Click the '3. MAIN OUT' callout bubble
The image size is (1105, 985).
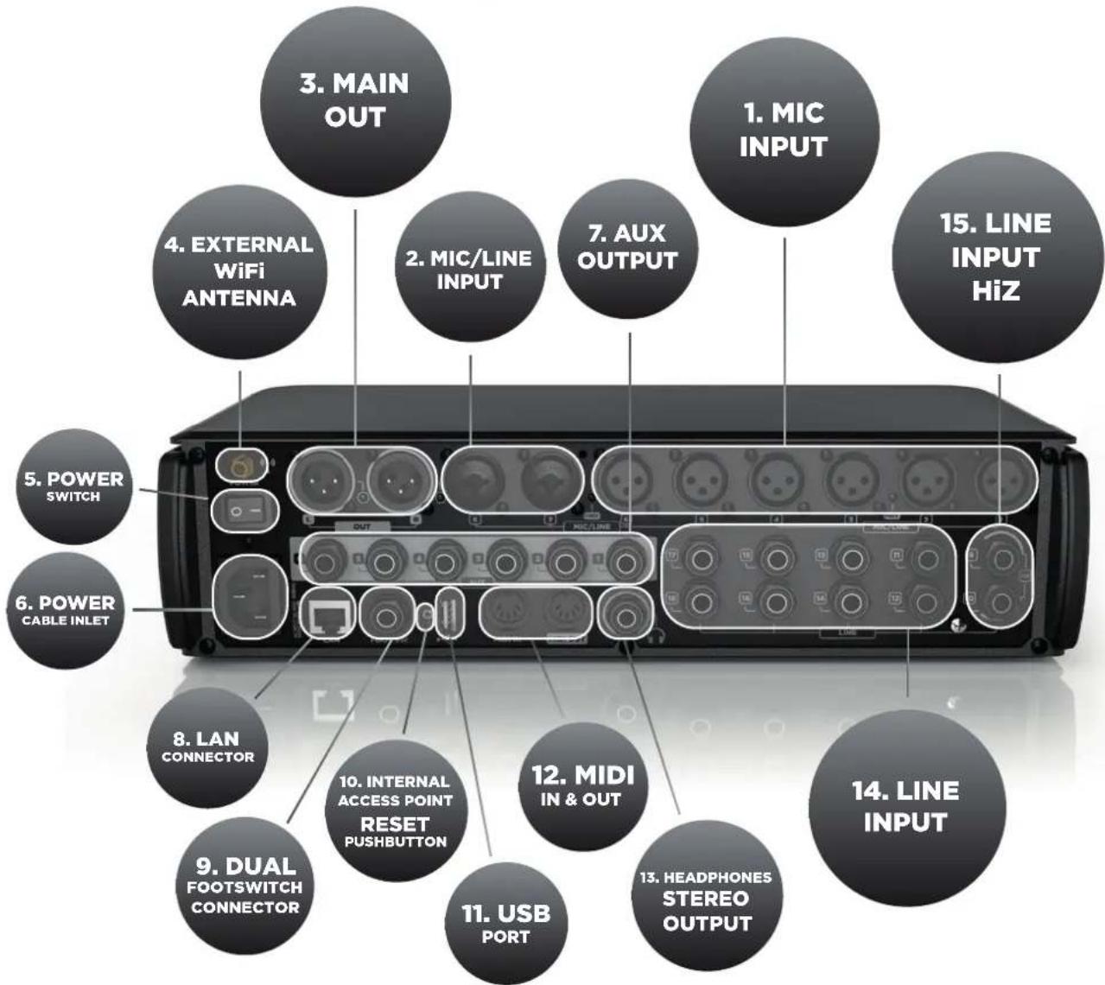(x=354, y=99)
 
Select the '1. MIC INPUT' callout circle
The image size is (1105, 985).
(x=783, y=130)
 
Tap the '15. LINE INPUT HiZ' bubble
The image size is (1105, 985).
(x=996, y=257)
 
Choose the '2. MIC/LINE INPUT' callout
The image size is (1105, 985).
(x=469, y=269)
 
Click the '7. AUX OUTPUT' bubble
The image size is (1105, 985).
(x=627, y=246)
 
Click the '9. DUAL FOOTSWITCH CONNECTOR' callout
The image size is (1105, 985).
(x=245, y=886)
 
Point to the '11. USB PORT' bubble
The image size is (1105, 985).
(x=505, y=923)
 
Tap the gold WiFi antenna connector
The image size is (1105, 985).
(x=238, y=463)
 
